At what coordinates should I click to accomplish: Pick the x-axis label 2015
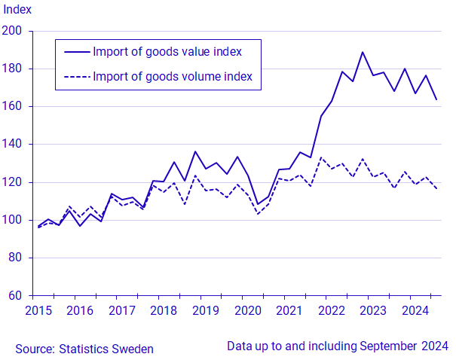(38, 310)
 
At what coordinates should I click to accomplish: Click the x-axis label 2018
(162, 310)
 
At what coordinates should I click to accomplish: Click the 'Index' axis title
(16, 10)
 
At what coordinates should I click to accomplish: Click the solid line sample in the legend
(76, 51)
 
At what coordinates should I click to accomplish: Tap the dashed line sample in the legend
(76, 76)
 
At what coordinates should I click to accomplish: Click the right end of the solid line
(436, 99)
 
